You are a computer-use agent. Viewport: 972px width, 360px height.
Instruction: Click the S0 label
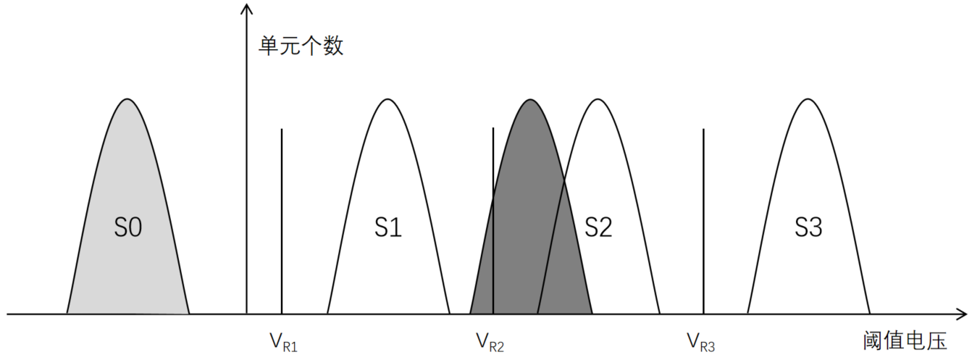pyautogui.click(x=128, y=227)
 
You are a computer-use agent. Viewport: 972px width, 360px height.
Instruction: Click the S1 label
pyautogui.click(x=388, y=227)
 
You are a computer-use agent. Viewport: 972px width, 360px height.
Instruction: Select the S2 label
pyautogui.click(x=598, y=227)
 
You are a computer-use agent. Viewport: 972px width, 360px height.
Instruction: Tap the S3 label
pyautogui.click(x=808, y=227)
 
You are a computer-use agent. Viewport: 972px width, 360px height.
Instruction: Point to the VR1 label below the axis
pyautogui.click(x=284, y=343)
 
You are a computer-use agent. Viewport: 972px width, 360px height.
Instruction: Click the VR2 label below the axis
pyautogui.click(x=490, y=343)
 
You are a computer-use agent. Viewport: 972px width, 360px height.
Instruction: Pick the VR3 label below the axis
pyautogui.click(x=701, y=343)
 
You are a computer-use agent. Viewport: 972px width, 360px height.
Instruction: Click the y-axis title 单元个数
pyautogui.click(x=301, y=46)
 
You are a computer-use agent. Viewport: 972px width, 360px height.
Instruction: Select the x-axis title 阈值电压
pyautogui.click(x=905, y=340)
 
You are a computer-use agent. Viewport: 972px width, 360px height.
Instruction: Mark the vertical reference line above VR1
pyautogui.click(x=282, y=221)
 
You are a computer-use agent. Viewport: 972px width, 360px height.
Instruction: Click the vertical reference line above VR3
pyautogui.click(x=703, y=221)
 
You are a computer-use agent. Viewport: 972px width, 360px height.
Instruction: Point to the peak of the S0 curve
pyautogui.click(x=127, y=99)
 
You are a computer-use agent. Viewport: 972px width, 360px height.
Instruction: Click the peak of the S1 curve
pyautogui.click(x=387, y=99)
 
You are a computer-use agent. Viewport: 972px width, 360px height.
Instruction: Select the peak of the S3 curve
pyautogui.click(x=808, y=99)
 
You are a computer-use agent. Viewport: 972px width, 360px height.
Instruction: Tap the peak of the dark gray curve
pyautogui.click(x=530, y=100)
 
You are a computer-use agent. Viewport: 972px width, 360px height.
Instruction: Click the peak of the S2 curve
pyautogui.click(x=598, y=99)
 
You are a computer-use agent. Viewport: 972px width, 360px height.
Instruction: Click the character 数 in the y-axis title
pyautogui.click(x=333, y=46)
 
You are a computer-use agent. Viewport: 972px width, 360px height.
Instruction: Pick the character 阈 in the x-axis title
pyautogui.click(x=873, y=340)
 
